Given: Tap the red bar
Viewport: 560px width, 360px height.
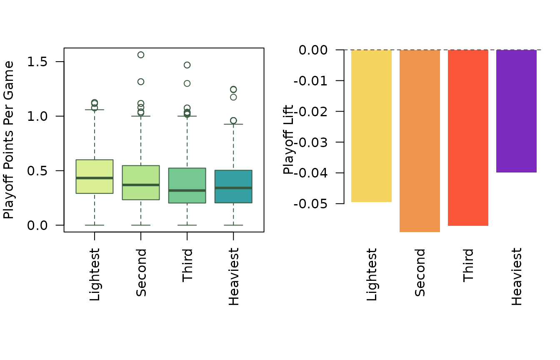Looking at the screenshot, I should pyautogui.click(x=468, y=137).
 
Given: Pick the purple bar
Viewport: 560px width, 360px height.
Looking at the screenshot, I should pyautogui.click(x=516, y=111).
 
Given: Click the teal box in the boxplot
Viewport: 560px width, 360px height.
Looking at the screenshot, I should pyautogui.click(x=233, y=196).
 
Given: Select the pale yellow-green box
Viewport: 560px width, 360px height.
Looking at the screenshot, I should pyautogui.click(x=95, y=169).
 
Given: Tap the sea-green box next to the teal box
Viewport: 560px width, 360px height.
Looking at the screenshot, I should pyautogui.click(x=187, y=179).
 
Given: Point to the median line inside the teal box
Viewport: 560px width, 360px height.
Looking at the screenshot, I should pyautogui.click(x=233, y=188).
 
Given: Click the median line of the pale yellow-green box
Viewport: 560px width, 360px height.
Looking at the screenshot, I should pyautogui.click(x=95, y=178).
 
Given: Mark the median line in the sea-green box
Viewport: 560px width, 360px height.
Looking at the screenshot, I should pyautogui.click(x=187, y=190).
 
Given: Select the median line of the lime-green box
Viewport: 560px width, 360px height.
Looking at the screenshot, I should pyautogui.click(x=141, y=185).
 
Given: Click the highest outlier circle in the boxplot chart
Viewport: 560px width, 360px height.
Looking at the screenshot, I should pyautogui.click(x=141, y=55).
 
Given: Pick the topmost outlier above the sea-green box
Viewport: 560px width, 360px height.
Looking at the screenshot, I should pyautogui.click(x=187, y=65).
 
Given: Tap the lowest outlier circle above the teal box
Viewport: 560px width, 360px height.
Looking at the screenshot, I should pyautogui.click(x=233, y=120).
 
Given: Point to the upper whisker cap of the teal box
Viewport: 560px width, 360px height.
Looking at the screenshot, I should pyautogui.click(x=233, y=124).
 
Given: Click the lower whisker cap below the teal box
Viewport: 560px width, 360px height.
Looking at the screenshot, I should pyautogui.click(x=233, y=225).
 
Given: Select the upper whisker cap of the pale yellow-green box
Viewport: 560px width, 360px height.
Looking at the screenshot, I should pyautogui.click(x=95, y=110).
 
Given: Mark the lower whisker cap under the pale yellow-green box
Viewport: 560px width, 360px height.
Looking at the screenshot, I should pyautogui.click(x=95, y=225).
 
